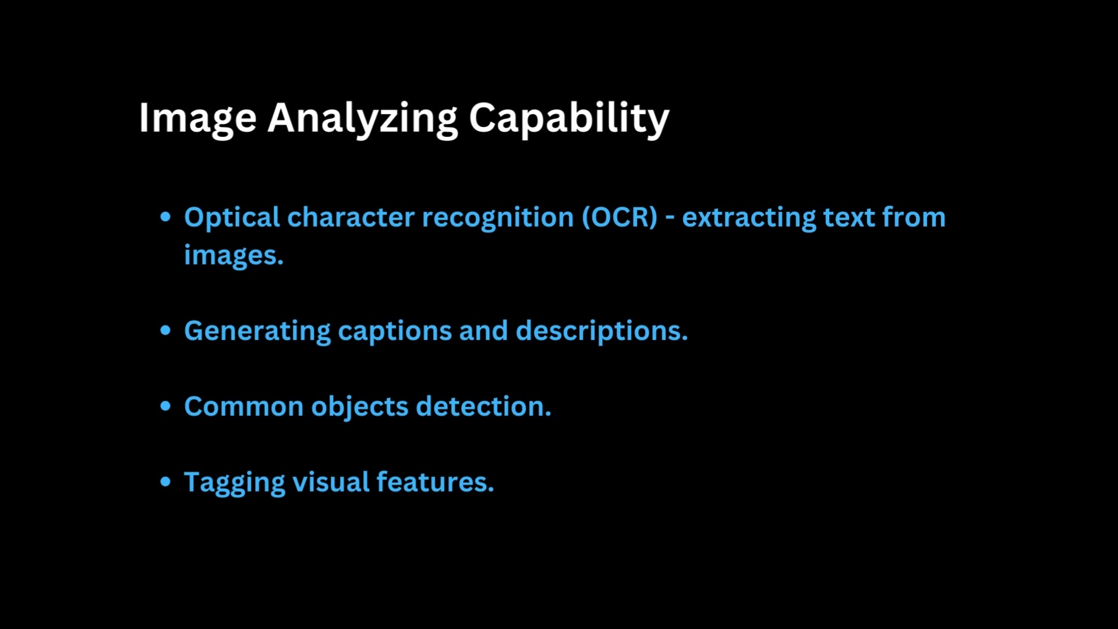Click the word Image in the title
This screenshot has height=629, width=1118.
197,118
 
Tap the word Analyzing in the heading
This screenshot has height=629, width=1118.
362,118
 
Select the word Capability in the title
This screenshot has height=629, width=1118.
569,118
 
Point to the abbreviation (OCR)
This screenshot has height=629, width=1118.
620,217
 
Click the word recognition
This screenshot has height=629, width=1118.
498,218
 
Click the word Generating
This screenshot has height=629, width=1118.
257,331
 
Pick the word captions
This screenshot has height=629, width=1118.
395,331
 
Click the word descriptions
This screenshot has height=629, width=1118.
602,331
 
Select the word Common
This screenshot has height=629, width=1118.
243,406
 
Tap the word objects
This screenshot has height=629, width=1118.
359,407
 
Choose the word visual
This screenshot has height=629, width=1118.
331,482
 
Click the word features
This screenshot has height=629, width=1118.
435,482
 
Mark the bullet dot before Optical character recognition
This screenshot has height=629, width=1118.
166,217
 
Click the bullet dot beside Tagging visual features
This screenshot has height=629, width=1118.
166,482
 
